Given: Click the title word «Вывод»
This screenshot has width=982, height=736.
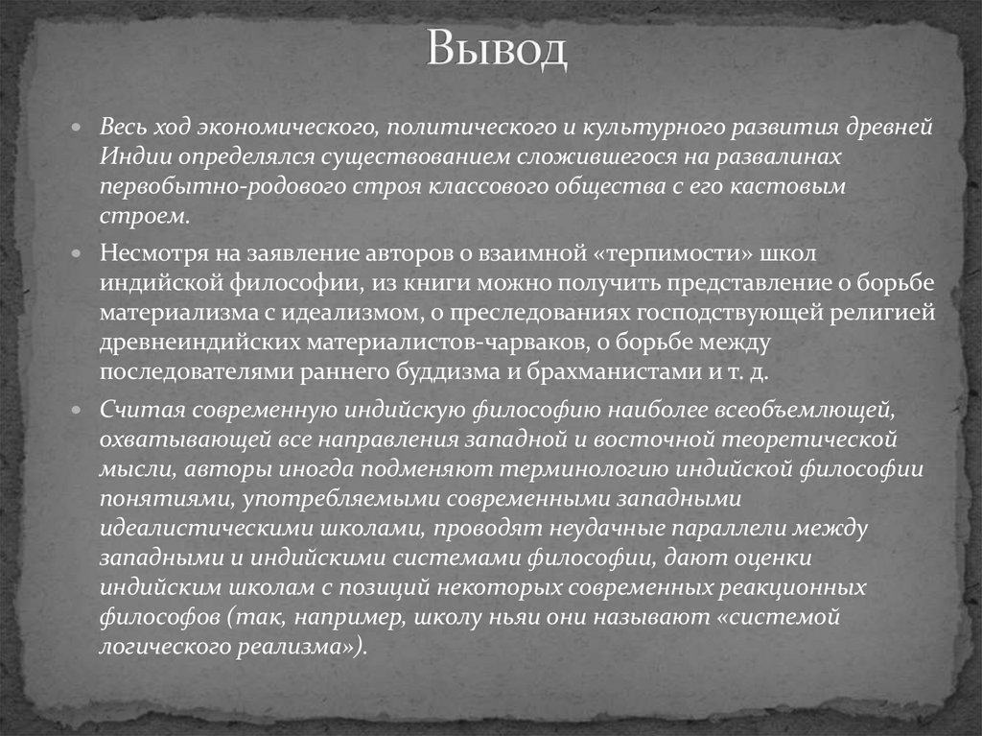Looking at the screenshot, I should point(497,51).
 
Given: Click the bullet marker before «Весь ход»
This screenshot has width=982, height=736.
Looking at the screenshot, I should point(83,129).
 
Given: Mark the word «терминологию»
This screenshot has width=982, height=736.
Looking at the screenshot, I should point(579,470).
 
